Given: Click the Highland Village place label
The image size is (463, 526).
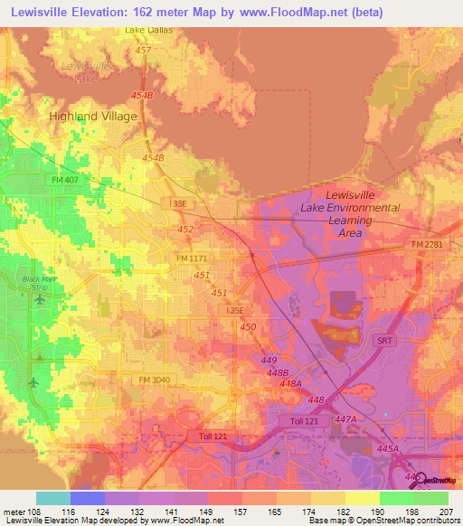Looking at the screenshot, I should coord(93,117).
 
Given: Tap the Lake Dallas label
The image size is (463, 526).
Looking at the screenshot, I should coord(147,30).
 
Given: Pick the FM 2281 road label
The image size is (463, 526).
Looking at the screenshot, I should coord(426,245).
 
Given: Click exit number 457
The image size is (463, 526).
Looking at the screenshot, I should coord(142,51).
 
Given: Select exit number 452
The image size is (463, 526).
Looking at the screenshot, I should coord(185,230).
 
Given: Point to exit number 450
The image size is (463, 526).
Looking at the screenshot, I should coord(248,326).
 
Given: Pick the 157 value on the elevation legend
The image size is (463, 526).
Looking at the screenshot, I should coord(241,512).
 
